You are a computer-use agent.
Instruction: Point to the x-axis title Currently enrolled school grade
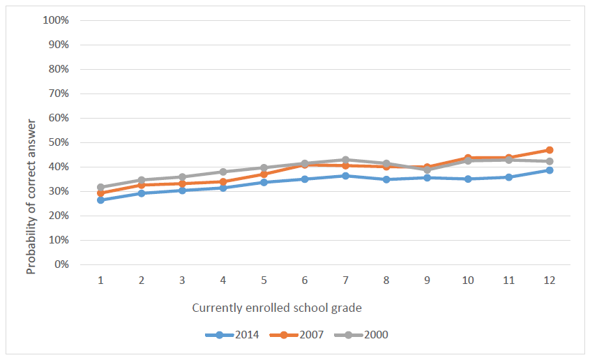tap(277, 307)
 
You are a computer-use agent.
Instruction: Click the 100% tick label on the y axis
tap(55, 20)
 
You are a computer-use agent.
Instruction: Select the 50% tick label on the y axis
tap(58, 142)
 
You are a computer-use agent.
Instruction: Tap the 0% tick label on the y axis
tap(61, 264)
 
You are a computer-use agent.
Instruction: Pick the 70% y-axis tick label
tap(58, 93)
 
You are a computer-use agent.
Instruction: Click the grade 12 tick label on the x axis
tap(550, 280)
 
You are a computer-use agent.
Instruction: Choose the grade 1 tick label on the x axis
tap(100, 280)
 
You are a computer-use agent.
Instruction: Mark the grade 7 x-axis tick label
tap(345, 280)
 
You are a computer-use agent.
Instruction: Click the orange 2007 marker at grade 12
tap(550, 150)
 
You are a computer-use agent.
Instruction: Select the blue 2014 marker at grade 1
tap(100, 200)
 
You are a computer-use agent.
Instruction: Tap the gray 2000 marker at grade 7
tap(345, 160)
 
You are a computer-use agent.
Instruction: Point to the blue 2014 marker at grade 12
tap(550, 170)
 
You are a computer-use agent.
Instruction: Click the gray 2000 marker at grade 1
tap(100, 187)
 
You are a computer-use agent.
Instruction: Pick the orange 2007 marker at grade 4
tap(223, 181)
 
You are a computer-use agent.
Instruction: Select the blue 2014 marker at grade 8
tap(386, 179)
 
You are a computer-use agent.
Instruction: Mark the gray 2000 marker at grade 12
tap(550, 161)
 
